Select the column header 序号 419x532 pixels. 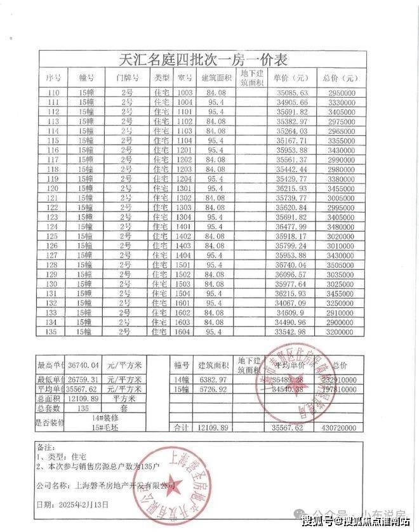[54, 78]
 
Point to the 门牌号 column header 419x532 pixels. [127, 78]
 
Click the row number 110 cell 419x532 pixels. [54, 93]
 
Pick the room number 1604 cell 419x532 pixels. [184, 331]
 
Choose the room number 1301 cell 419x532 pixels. [184, 189]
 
